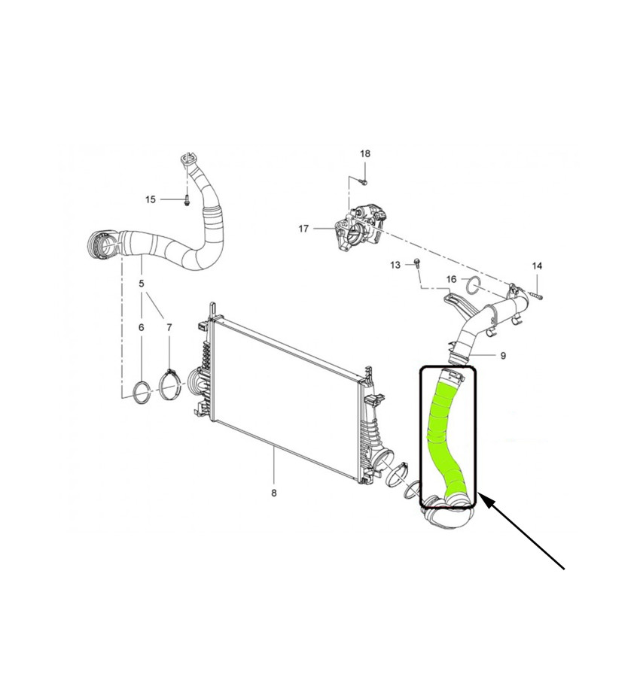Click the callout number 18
coord(365,153)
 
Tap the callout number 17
coord(303,229)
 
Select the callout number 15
coord(150,199)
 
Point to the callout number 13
coord(395,265)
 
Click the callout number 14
coord(537,266)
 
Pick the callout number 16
coord(451,279)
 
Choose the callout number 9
coord(503,356)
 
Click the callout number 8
coord(274,493)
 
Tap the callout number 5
coord(142,284)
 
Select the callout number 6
coord(142,328)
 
